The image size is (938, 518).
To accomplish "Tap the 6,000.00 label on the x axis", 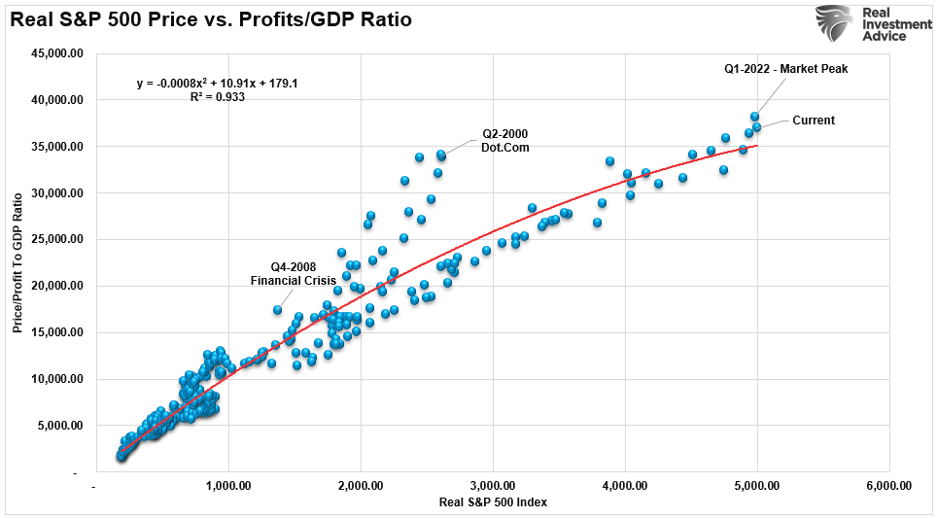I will click(889, 486).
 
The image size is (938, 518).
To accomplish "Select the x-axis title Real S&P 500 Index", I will click(493, 502).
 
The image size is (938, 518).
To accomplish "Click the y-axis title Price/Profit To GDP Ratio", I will click(18, 262).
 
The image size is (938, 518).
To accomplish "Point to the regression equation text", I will click(217, 84).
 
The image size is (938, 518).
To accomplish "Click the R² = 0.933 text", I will click(217, 97).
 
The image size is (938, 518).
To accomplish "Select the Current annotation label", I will click(814, 121).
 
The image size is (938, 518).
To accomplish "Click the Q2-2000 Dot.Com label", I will click(505, 140).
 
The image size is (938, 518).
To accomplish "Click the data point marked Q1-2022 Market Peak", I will click(754, 117).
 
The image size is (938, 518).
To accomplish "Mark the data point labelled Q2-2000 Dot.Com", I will click(440, 155).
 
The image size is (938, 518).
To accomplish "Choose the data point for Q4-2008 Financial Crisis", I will click(277, 310).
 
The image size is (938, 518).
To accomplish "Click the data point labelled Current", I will click(756, 127).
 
